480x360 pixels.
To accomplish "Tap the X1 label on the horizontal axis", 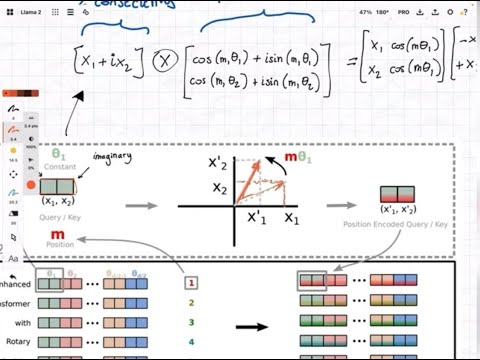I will coord(291,218).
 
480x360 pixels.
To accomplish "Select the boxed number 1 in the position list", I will coord(190,283).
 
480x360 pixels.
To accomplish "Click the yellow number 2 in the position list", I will coord(190,302).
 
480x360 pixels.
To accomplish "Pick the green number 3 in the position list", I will coord(190,322).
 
